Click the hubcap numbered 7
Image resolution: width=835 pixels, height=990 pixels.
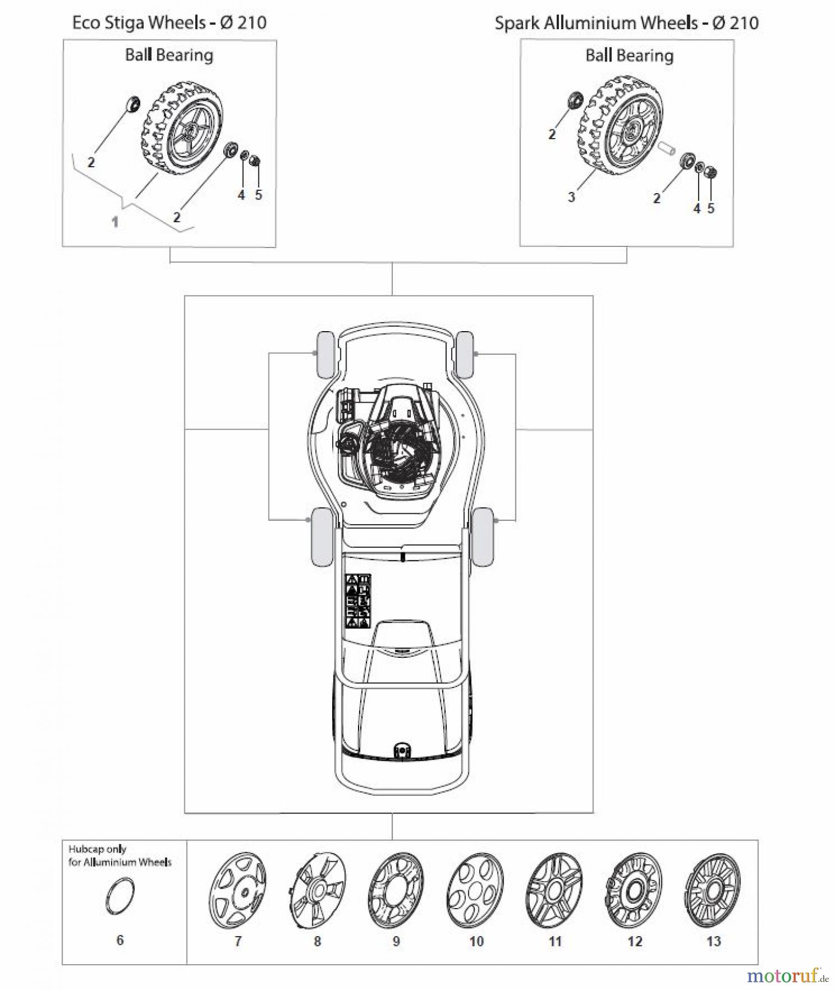[x=238, y=892]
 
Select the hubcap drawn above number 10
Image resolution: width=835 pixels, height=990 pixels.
[x=475, y=892]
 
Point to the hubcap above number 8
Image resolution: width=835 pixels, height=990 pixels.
[x=317, y=892]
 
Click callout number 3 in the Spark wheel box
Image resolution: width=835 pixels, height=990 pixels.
[x=571, y=196]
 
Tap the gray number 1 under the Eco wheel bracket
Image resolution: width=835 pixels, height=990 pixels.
[x=115, y=222]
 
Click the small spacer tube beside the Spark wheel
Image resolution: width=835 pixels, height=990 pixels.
[x=666, y=148]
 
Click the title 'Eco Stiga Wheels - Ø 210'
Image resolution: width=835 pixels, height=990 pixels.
[x=169, y=23]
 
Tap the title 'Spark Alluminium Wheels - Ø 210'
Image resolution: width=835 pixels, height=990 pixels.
[x=627, y=23]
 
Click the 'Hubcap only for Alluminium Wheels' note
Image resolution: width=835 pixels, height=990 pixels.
[x=120, y=855]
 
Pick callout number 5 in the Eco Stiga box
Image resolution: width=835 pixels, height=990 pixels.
[x=259, y=195]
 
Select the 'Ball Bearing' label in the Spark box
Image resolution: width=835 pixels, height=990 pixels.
[x=629, y=56]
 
